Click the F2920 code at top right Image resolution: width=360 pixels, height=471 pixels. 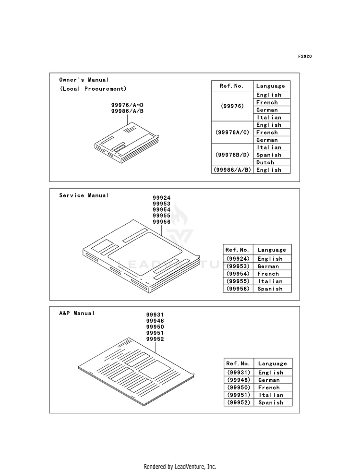coord(305,57)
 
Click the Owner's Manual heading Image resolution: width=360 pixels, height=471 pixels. coord(84,80)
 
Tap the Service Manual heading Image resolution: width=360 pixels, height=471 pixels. coord(84,195)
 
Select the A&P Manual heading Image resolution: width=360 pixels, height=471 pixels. coord(77,314)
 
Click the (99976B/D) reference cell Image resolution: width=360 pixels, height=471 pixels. coord(232,155)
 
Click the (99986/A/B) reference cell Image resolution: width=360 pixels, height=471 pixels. coord(232,170)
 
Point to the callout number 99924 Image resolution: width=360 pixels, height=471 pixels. coord(162,198)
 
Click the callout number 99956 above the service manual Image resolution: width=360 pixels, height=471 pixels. coord(162,222)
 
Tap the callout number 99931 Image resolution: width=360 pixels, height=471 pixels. coord(155,315)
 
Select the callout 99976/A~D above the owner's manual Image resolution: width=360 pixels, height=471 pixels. coord(127,105)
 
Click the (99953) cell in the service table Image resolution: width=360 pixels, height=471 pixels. coord(238,266)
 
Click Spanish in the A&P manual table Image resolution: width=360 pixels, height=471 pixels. coord(271,403)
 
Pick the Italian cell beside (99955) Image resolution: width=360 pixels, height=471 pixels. coord(270,281)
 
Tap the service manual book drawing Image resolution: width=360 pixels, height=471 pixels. coord(141,256)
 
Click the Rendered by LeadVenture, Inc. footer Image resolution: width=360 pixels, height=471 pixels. coord(180,467)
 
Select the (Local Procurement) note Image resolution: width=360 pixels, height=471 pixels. coord(93,89)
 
